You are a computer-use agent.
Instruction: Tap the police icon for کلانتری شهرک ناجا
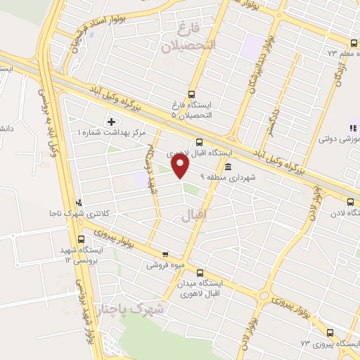79,202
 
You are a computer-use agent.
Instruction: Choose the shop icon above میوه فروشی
165,255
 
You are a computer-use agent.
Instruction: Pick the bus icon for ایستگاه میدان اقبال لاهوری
200,273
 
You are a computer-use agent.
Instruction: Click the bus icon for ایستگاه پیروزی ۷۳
331,333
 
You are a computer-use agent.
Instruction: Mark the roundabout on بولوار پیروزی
264,295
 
